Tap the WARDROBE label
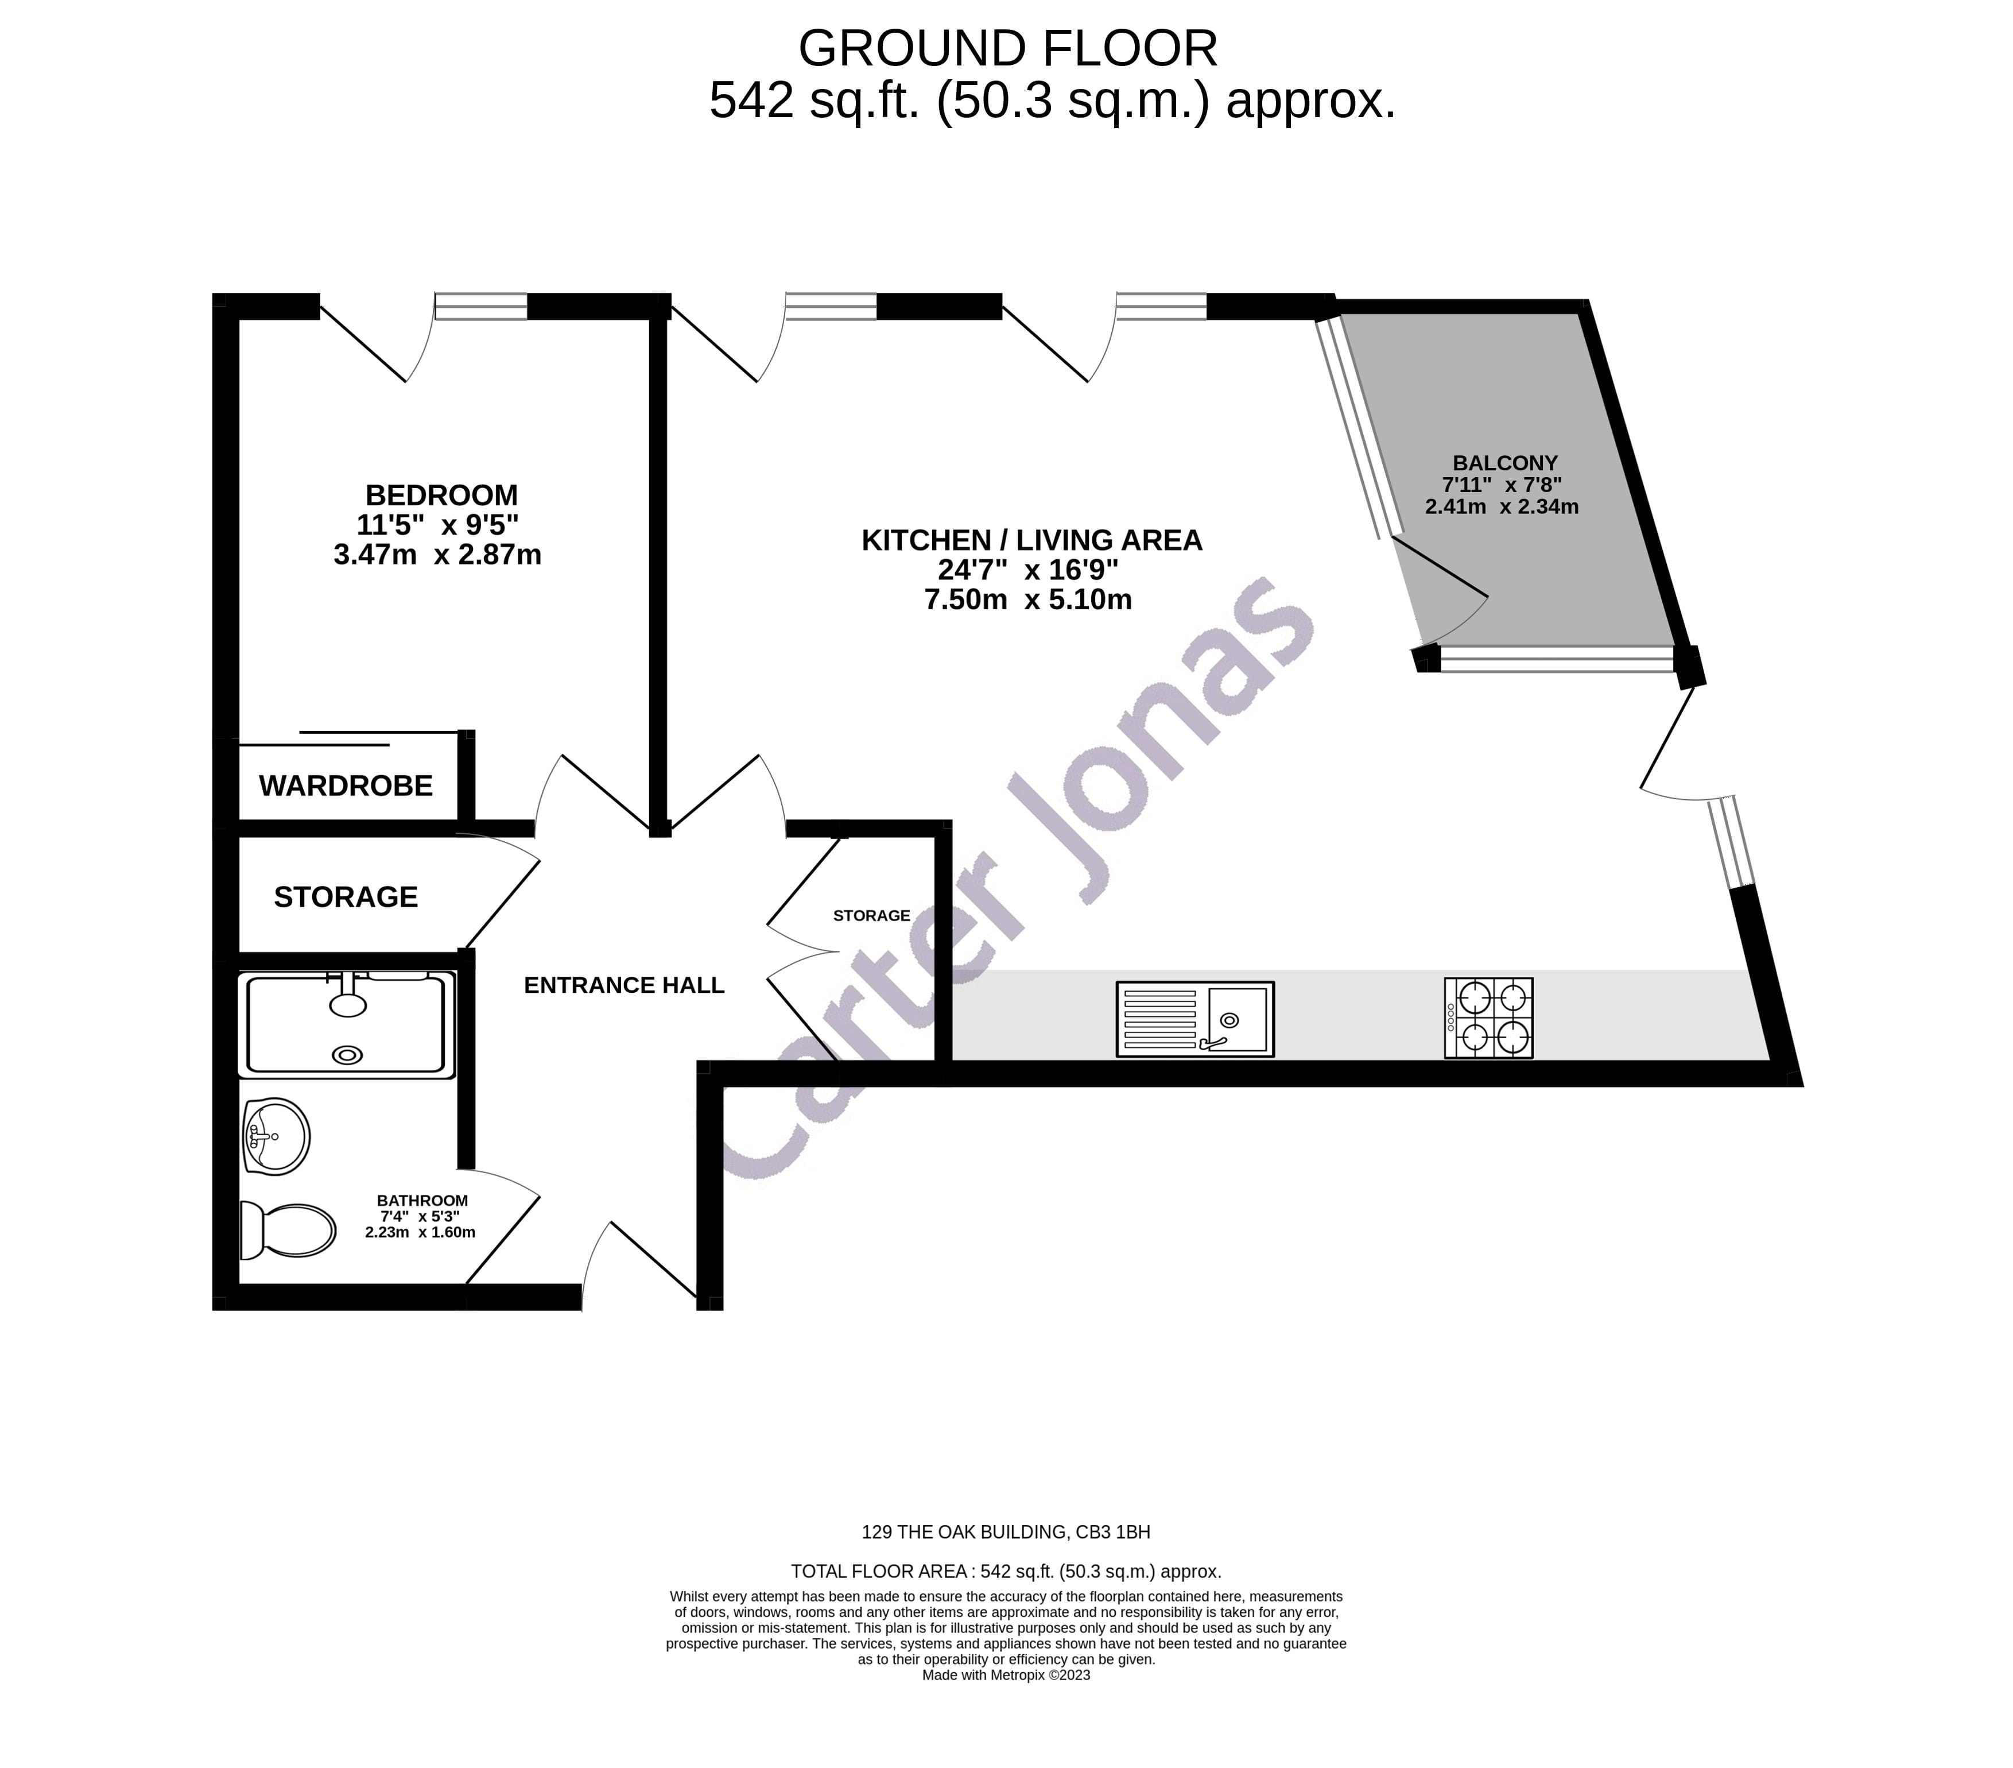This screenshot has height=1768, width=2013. click(x=346, y=786)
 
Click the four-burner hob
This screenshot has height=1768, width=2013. click(x=1488, y=1019)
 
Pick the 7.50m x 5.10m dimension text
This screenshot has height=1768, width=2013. click(x=1028, y=600)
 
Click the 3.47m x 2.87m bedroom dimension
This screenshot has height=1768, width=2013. click(x=437, y=555)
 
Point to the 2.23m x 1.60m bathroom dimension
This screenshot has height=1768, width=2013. click(x=421, y=1232)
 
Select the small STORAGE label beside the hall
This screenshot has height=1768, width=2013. click(x=871, y=916)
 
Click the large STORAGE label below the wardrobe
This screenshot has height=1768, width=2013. click(x=346, y=897)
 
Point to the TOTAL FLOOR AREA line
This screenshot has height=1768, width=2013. click(x=1006, y=1572)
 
